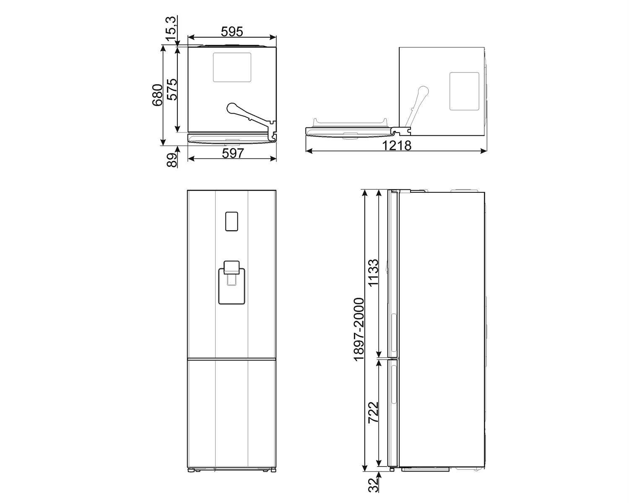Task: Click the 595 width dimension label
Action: coord(232,31)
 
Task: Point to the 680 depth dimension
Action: coord(156,96)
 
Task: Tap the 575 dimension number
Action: coord(172,89)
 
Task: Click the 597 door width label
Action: coord(232,153)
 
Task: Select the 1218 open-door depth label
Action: coord(397,145)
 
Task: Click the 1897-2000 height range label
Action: coord(359,330)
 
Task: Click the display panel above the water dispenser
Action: coord(231,221)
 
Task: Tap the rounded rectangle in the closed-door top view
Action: coord(232,67)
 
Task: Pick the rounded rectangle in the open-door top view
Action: coord(464,91)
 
